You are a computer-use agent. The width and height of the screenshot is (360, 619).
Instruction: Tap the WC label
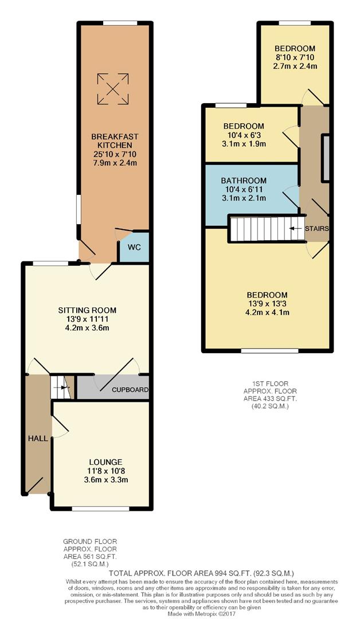click(x=134, y=248)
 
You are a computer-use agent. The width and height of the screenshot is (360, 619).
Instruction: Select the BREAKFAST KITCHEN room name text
click(x=115, y=141)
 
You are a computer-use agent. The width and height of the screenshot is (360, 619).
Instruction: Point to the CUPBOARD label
click(x=130, y=390)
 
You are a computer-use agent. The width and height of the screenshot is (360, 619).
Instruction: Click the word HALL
click(x=37, y=438)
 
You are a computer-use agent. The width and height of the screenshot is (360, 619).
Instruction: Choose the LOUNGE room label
click(x=105, y=462)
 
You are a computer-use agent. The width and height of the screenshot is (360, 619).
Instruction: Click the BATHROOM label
click(x=244, y=181)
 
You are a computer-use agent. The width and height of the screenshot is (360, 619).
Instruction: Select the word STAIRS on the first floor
click(x=316, y=228)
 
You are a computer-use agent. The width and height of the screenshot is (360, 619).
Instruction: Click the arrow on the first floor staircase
click(x=295, y=228)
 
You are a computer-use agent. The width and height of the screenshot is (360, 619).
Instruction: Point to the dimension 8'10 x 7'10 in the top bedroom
click(x=295, y=57)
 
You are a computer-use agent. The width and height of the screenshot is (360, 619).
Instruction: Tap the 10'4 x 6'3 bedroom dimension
click(x=244, y=135)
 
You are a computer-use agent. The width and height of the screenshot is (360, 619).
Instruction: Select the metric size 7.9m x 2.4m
click(x=115, y=163)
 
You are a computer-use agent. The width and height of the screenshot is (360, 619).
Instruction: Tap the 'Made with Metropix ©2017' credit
click(x=179, y=614)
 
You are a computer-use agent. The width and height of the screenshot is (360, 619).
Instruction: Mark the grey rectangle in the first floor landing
click(x=326, y=158)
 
